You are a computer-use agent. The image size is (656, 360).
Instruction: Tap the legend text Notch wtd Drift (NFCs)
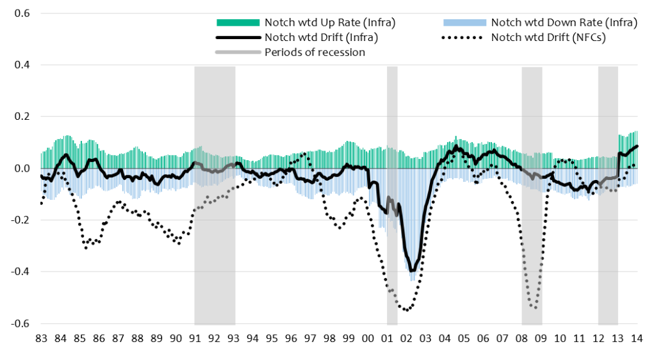(x=548, y=37)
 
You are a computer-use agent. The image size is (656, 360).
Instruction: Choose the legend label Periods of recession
(x=315, y=52)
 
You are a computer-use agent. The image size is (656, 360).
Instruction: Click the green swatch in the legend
(x=238, y=22)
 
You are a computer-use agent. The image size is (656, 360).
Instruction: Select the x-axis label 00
(x=368, y=338)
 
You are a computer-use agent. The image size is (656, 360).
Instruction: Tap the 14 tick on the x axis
(x=637, y=338)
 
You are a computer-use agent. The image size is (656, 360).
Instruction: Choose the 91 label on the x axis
(x=195, y=338)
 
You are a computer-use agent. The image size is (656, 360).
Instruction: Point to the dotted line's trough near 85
(x=86, y=247)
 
